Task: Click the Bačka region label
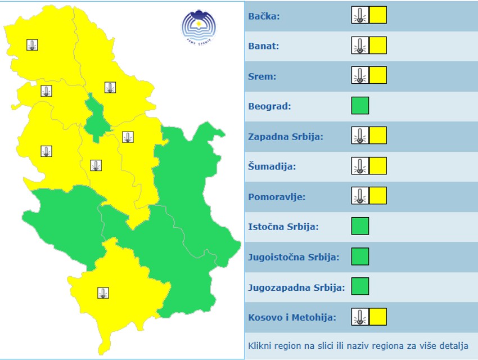pos(264,16)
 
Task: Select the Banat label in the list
pos(263,46)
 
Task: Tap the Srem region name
pos(262,76)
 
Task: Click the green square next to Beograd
pos(360,106)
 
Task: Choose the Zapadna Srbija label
pos(285,137)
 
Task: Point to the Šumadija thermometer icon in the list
pos(360,166)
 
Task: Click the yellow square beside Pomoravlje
pos(378,196)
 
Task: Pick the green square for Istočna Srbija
pos(360,226)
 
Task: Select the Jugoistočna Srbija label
pos(294,257)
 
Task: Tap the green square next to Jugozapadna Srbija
pos(360,286)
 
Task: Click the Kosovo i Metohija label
pos(292,317)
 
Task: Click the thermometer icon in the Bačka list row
pos(360,15)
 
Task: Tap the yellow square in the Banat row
pos(378,46)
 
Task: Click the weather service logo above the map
pos(199,27)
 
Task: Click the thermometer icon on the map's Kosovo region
pos(103,292)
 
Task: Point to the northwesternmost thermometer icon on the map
pos(33,45)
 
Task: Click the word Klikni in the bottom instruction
pos(260,345)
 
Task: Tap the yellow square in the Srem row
pos(378,75)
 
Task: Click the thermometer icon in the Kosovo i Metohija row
pos(360,317)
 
